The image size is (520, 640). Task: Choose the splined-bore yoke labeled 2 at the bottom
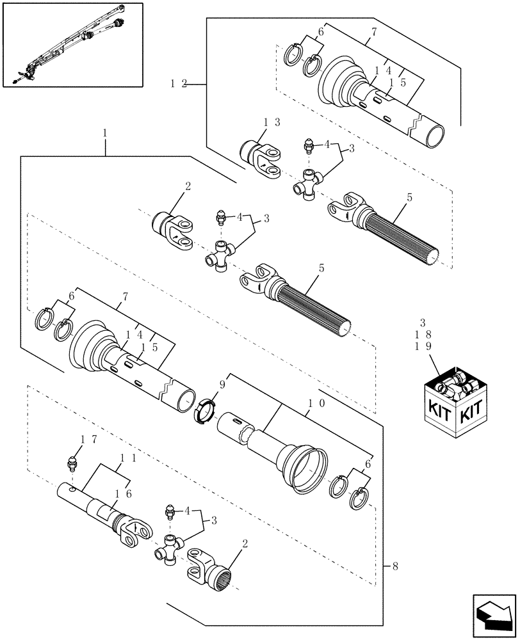pos(208,566)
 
